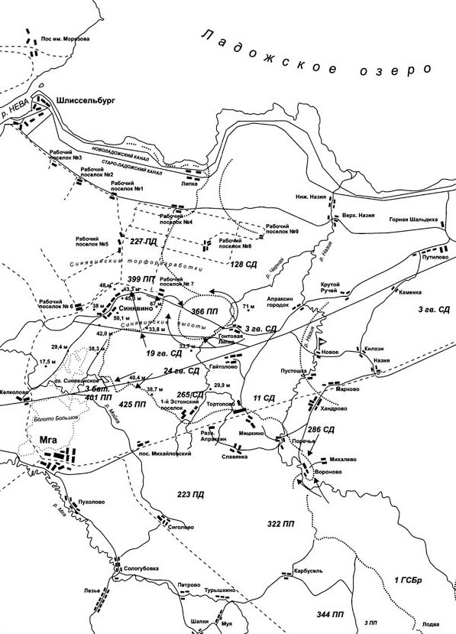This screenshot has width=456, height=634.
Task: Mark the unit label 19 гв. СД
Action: pos(163,354)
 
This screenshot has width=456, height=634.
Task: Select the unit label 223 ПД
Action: pos(189,495)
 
